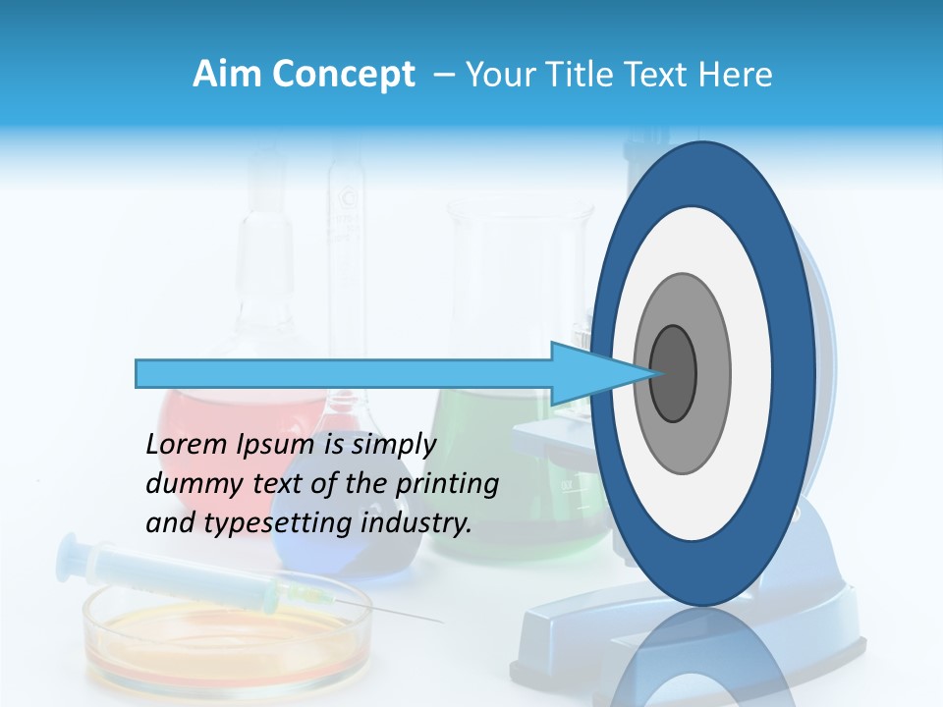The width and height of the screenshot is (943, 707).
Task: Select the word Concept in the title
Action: (342, 76)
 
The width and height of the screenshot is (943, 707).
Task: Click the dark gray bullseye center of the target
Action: (674, 374)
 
